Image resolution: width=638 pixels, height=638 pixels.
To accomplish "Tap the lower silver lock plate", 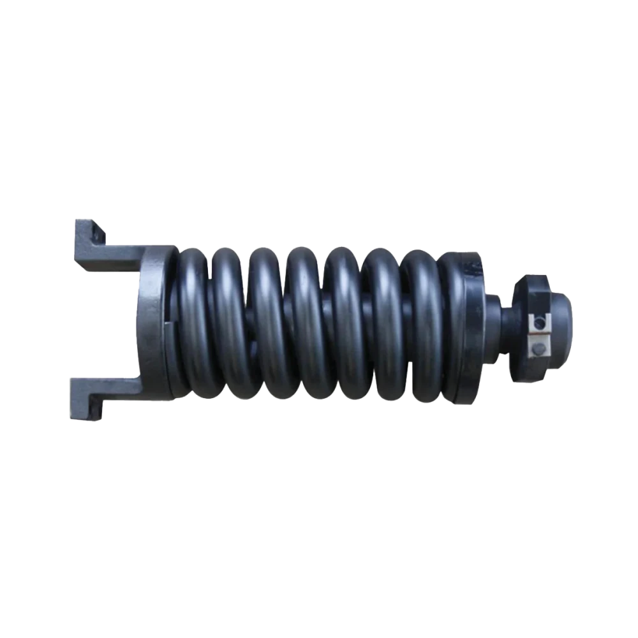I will (x=540, y=348).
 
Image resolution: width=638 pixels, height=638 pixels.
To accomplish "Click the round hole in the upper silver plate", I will (x=541, y=323).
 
